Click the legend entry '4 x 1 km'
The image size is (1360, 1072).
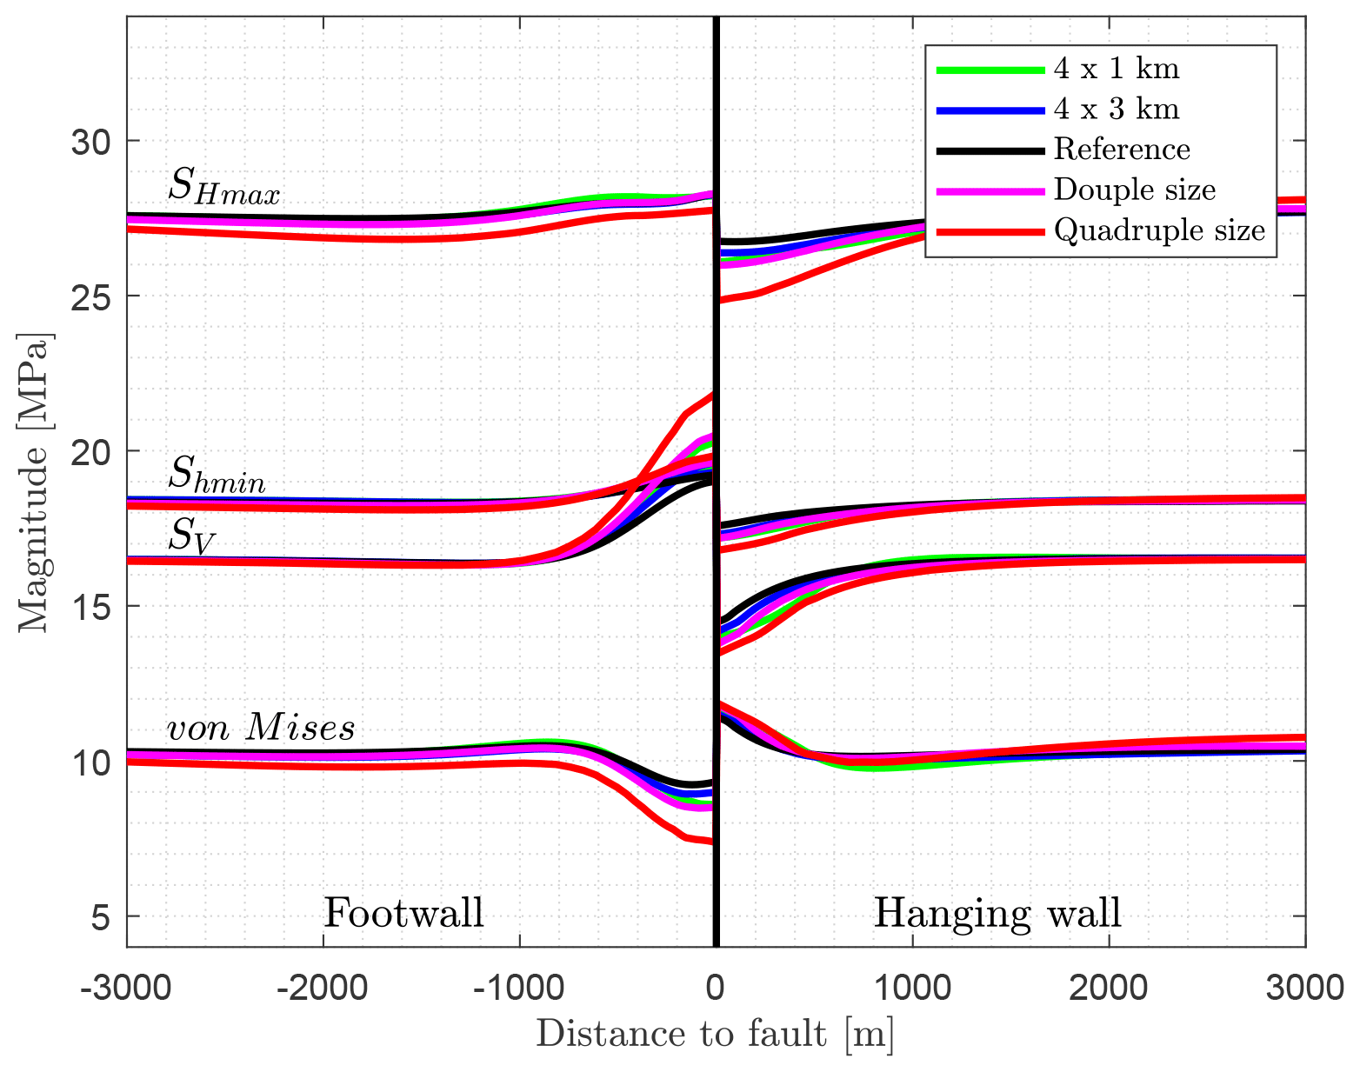(1117, 69)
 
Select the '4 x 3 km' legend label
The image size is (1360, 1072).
(1117, 109)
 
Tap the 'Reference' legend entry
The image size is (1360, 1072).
(1122, 150)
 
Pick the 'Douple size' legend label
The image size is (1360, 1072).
(1134, 190)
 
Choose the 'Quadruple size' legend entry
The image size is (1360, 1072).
(1159, 230)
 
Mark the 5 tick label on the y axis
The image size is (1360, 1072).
(103, 916)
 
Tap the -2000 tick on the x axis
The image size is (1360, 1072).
(323, 989)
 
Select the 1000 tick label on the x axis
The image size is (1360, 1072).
(911, 989)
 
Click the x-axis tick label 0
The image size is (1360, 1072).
(716, 989)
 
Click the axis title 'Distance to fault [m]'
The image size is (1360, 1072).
(715, 1035)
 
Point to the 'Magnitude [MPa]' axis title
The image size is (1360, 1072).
(35, 483)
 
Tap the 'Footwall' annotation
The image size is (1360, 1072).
(403, 913)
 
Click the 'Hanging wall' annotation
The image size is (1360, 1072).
(997, 913)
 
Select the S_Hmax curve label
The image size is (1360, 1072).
(223, 186)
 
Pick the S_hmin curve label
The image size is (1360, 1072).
(217, 476)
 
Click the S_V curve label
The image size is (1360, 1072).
(190, 536)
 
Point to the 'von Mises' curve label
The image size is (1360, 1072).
(261, 727)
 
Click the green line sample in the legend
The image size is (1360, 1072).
(990, 70)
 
